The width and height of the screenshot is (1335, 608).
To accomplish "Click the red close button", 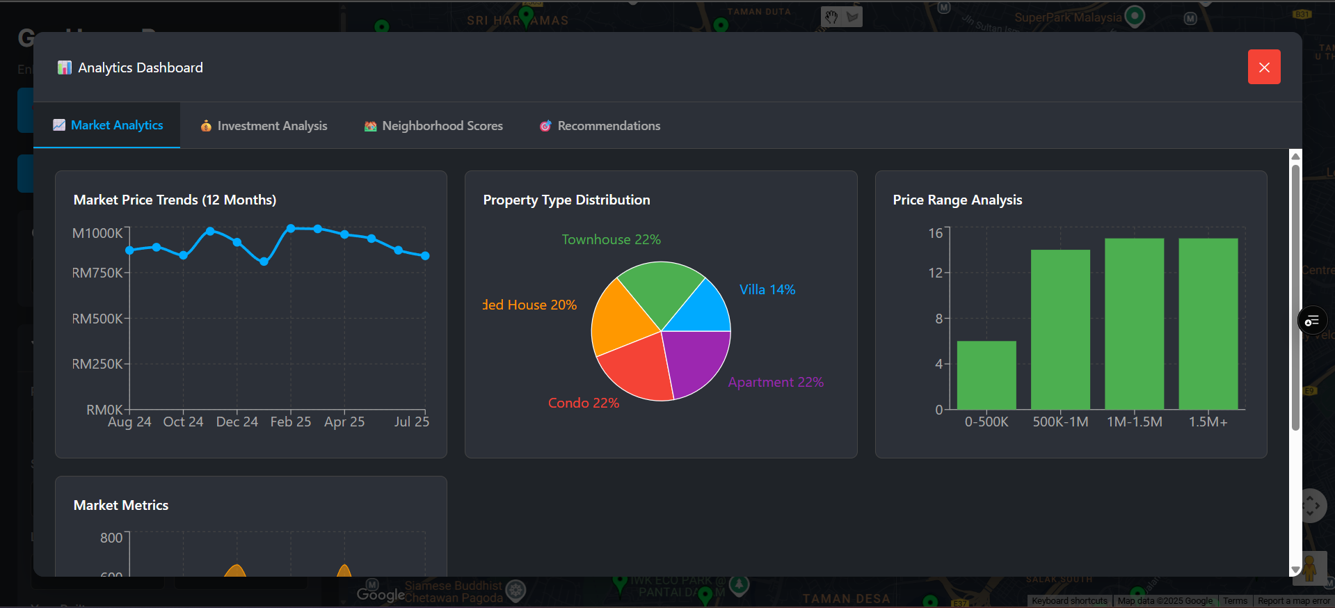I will (x=1263, y=67).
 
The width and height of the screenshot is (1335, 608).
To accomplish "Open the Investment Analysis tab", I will (x=264, y=126).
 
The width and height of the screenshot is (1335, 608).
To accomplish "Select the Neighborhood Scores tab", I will (x=433, y=126).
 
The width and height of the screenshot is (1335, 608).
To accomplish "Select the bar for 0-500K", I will (x=986, y=375).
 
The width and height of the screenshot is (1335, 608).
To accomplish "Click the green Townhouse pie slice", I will (x=658, y=289).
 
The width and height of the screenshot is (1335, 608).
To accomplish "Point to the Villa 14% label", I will (x=767, y=289).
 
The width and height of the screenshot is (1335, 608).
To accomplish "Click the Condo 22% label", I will (x=583, y=403).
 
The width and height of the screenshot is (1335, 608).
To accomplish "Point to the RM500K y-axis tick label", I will (x=97, y=319).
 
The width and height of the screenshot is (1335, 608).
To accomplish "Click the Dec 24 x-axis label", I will (x=237, y=422).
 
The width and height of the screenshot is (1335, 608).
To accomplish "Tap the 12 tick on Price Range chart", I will (x=935, y=273).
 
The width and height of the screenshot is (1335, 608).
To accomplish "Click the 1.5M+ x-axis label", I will (x=1208, y=422).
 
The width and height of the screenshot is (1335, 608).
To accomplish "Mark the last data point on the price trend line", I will (x=425, y=256).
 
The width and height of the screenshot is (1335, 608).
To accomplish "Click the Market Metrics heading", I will (x=121, y=505).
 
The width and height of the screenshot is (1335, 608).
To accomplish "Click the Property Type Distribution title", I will (x=566, y=200).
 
